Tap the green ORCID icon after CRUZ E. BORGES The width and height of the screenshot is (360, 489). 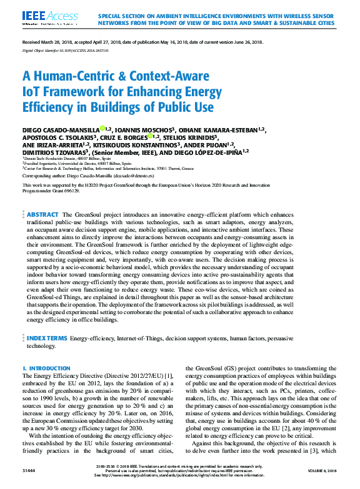point(151,137)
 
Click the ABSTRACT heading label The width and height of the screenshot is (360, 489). point(43,214)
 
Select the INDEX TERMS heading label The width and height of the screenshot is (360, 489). point(47,338)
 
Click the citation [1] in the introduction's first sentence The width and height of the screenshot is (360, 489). point(168,376)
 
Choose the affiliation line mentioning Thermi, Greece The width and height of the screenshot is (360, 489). point(112,168)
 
